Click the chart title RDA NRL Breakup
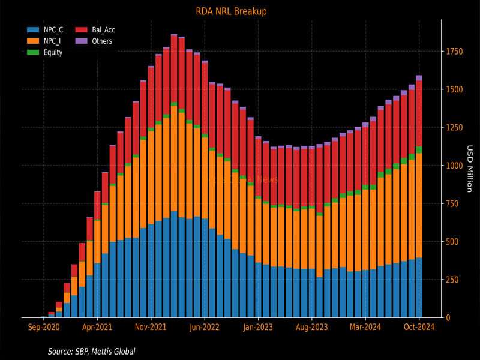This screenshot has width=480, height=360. point(231,11)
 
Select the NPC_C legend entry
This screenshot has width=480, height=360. point(53,29)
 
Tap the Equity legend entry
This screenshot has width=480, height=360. point(53,52)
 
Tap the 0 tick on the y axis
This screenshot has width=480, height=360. point(448,317)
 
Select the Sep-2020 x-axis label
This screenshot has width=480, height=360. point(44,328)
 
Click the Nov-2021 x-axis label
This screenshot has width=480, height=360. point(151,328)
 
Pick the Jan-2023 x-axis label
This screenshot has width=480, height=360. point(258,328)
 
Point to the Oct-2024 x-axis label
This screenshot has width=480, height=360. point(419,328)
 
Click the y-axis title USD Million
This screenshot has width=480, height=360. point(470,169)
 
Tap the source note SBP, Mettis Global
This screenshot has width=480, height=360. point(91,351)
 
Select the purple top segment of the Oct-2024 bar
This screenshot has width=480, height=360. point(419,78)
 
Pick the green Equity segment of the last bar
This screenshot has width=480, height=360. point(419,149)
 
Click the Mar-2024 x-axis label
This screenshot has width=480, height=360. point(365,328)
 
